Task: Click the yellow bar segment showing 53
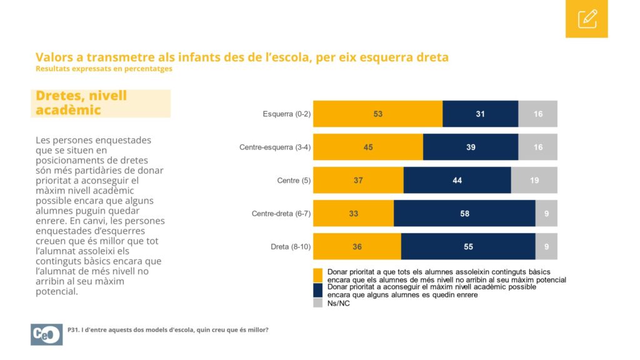click(x=377, y=114)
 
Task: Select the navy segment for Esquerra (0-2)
click(x=481, y=114)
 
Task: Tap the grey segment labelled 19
click(x=534, y=180)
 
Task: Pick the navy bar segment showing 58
click(x=464, y=213)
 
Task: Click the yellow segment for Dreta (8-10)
click(x=357, y=246)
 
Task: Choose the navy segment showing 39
click(x=471, y=147)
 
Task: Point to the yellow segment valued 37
click(x=358, y=180)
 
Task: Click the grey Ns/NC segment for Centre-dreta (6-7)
click(x=546, y=213)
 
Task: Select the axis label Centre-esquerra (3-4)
click(x=275, y=147)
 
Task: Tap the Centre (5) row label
click(x=294, y=181)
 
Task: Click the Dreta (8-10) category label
click(x=291, y=247)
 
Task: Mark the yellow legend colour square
click(x=317, y=275)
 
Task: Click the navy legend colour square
click(x=317, y=290)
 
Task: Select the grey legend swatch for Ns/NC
click(x=317, y=303)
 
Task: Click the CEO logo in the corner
click(x=46, y=335)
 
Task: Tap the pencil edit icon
click(x=587, y=19)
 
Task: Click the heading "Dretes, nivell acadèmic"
click(x=81, y=103)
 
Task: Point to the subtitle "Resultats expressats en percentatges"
click(x=104, y=69)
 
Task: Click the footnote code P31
click(x=73, y=330)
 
